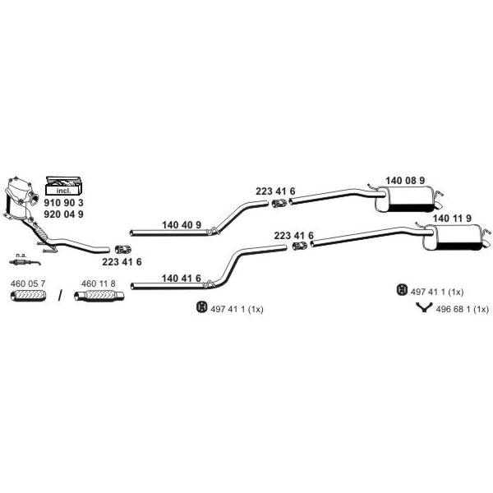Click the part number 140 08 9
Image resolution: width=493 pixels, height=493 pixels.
tap(405, 181)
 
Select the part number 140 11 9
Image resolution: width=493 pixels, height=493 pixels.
tap(452, 219)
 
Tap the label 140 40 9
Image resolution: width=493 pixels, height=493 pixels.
tap(182, 225)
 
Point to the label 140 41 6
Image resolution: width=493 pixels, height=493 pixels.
tap(181, 279)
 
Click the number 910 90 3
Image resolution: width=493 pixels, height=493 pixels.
tap(63, 202)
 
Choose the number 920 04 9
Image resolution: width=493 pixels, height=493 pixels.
tap(63, 214)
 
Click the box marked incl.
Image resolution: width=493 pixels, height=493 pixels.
tap(64, 186)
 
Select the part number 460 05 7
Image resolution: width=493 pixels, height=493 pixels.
tap(28, 283)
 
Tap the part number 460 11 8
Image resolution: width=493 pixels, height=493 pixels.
tap(98, 283)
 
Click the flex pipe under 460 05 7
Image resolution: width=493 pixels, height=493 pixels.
tap(28, 296)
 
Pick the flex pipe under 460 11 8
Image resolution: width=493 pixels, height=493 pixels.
tap(99, 296)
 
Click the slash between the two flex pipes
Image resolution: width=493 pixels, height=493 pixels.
tap(60, 296)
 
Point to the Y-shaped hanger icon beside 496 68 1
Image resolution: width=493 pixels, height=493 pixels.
tap(424, 307)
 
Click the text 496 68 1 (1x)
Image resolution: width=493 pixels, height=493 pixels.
tap(462, 310)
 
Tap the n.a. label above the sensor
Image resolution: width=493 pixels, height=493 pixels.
tap(21, 256)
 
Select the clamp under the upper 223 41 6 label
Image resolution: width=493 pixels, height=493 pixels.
tap(279, 204)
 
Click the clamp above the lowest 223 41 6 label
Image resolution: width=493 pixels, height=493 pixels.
tap(123, 249)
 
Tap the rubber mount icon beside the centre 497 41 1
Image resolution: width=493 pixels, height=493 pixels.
tap(201, 306)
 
